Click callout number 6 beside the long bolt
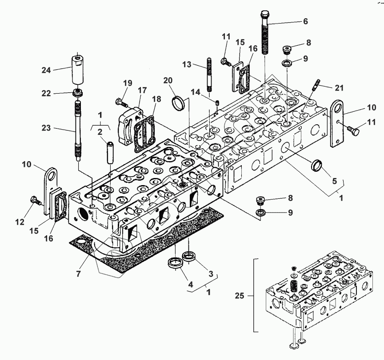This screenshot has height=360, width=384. coord(306,21)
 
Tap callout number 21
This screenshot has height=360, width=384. coord(340,88)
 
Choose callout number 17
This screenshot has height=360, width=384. coord(142,90)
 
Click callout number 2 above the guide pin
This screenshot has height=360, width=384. coord(100,132)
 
